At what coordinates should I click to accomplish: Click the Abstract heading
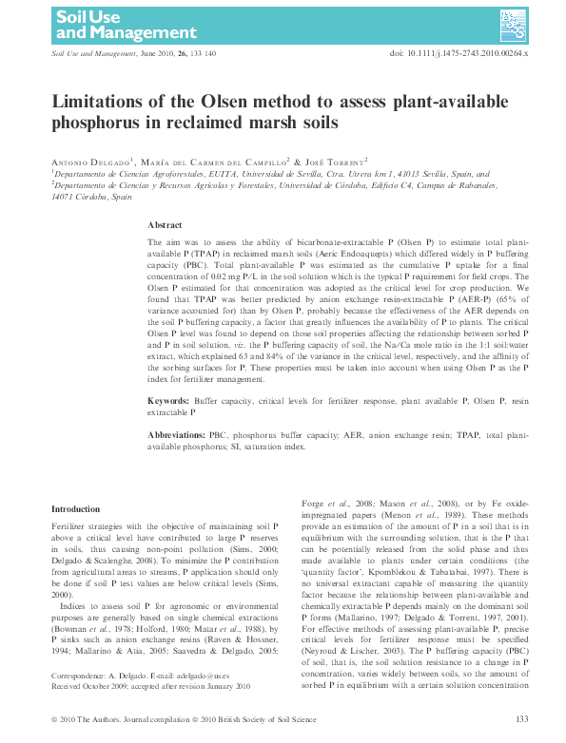click(x=165, y=224)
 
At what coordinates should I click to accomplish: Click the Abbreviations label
click(x=182, y=433)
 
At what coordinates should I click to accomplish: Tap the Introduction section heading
click(x=75, y=509)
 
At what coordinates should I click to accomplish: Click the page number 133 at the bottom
click(x=521, y=718)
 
